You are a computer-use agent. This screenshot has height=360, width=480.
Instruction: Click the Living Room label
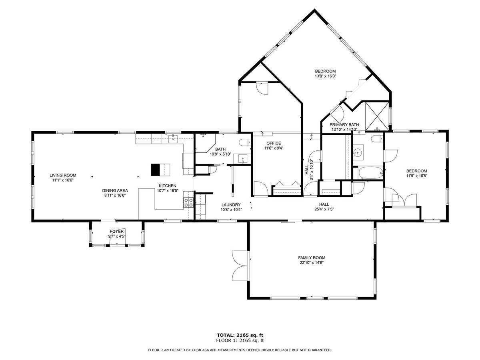[63, 175]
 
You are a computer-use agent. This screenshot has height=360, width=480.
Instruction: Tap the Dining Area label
[115, 191]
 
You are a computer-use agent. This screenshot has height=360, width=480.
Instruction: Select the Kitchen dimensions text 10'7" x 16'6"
[168, 191]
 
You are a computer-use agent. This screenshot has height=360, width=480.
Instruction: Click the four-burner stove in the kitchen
[188, 202]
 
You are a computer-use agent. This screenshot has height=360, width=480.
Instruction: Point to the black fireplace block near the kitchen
[156, 170]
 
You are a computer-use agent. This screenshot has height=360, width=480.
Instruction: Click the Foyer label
[116, 232]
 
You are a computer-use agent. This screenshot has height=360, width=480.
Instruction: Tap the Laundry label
[231, 205]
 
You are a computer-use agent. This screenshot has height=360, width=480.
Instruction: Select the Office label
[274, 143]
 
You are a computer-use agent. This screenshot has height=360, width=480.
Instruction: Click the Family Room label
[312, 258]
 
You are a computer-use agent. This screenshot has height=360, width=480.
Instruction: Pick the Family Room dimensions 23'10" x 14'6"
[312, 263]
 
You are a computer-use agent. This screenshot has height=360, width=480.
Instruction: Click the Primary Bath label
[344, 124]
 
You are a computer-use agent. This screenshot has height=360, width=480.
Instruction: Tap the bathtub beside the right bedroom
[370, 173]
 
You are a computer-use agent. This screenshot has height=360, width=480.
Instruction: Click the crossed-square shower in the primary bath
[377, 116]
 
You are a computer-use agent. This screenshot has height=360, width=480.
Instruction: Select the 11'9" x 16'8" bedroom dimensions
[416, 176]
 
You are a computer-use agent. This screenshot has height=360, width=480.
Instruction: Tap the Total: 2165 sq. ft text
[240, 335]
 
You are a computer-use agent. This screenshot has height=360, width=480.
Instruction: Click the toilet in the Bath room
[245, 143]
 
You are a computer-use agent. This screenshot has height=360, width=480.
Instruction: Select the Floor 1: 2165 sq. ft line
[240, 340]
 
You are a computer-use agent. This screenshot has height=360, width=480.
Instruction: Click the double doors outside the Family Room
[240, 266]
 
